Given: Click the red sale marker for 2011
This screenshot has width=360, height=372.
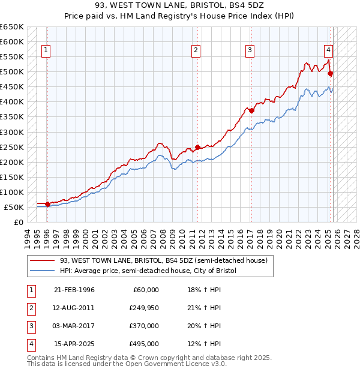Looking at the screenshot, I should click(x=197, y=147).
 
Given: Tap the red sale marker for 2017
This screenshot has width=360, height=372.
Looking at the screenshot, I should click(x=251, y=110).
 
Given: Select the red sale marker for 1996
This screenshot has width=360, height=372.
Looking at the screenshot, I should click(x=47, y=205).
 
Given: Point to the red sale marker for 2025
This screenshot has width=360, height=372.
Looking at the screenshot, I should click(x=331, y=73).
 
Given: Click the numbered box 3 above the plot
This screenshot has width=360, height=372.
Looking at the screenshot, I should click(x=250, y=51).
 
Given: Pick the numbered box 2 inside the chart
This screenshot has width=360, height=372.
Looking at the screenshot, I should click(x=196, y=51).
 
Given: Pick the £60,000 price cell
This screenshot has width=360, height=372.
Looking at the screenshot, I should click(x=145, y=289).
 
